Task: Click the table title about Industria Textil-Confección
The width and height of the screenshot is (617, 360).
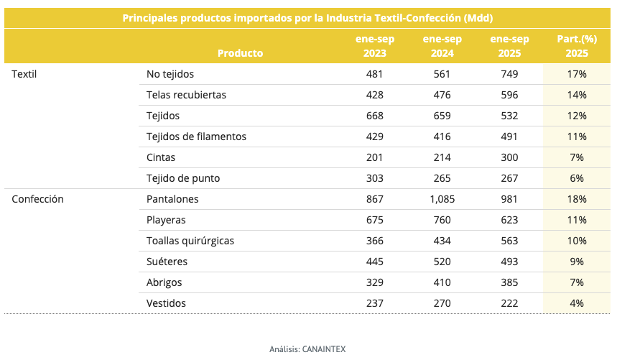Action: point(308,17)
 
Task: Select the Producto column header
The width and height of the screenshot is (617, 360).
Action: point(240,52)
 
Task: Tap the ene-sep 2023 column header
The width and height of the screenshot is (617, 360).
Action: point(374,46)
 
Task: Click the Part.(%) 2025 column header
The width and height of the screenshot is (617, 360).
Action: point(577,46)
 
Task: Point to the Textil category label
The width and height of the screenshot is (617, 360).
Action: point(24,74)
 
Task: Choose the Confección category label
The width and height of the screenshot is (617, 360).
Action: point(37,199)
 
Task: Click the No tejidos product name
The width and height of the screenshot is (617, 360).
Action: point(170,74)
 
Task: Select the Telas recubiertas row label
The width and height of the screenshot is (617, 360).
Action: point(186,95)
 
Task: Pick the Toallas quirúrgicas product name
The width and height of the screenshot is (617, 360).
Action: point(190,241)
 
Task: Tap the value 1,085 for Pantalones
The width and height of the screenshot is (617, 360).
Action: point(442,199)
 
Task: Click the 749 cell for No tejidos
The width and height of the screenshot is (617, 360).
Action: point(509,74)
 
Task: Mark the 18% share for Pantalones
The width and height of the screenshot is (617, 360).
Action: point(577,199)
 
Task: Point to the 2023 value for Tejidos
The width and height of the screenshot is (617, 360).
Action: point(374,116)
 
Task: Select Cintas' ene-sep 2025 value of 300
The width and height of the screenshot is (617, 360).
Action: point(509,157)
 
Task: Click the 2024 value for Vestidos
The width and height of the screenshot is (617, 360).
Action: point(442,303)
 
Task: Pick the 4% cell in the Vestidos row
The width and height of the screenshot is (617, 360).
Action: point(577,303)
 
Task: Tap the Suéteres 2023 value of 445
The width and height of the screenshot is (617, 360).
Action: point(374,262)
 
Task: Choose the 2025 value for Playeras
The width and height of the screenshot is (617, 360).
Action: point(509,220)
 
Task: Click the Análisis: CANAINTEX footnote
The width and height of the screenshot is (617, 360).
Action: point(307,349)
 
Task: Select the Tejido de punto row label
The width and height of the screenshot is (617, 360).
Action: point(182,178)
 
